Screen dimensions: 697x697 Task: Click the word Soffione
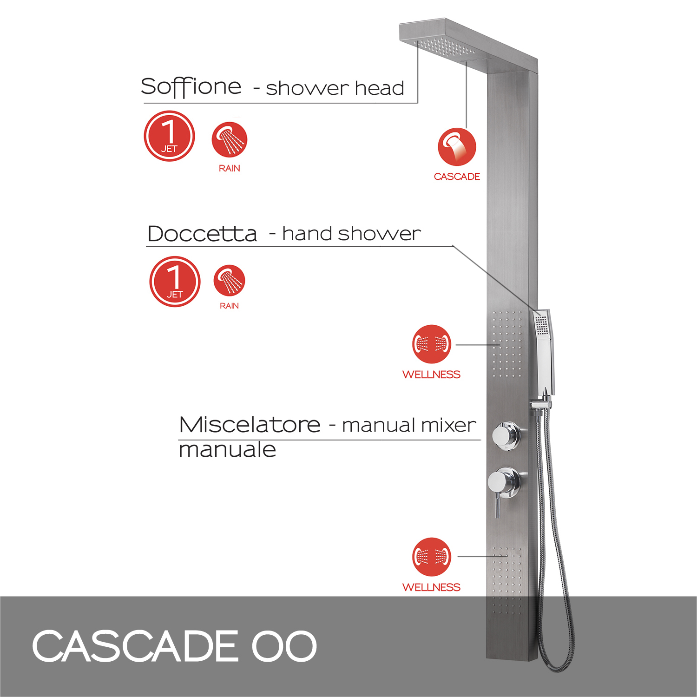(191, 87)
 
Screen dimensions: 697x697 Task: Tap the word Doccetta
(202, 234)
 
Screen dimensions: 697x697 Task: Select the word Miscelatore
(250, 425)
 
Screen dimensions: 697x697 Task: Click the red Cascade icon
(457, 147)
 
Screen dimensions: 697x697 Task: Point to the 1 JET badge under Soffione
(169, 136)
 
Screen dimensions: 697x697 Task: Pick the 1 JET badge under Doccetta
(175, 282)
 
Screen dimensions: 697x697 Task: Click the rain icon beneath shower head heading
(229, 139)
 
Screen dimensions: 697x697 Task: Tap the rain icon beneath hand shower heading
(229, 281)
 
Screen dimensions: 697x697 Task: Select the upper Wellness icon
(432, 344)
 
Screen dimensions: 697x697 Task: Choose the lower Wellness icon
(432, 557)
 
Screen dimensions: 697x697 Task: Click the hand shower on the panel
(543, 353)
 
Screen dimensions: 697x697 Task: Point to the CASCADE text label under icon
(457, 177)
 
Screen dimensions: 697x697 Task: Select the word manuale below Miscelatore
(228, 450)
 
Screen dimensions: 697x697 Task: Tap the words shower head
(335, 88)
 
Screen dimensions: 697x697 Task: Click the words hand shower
(351, 234)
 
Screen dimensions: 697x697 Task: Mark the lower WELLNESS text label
(431, 587)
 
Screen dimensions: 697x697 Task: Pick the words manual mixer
(409, 425)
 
